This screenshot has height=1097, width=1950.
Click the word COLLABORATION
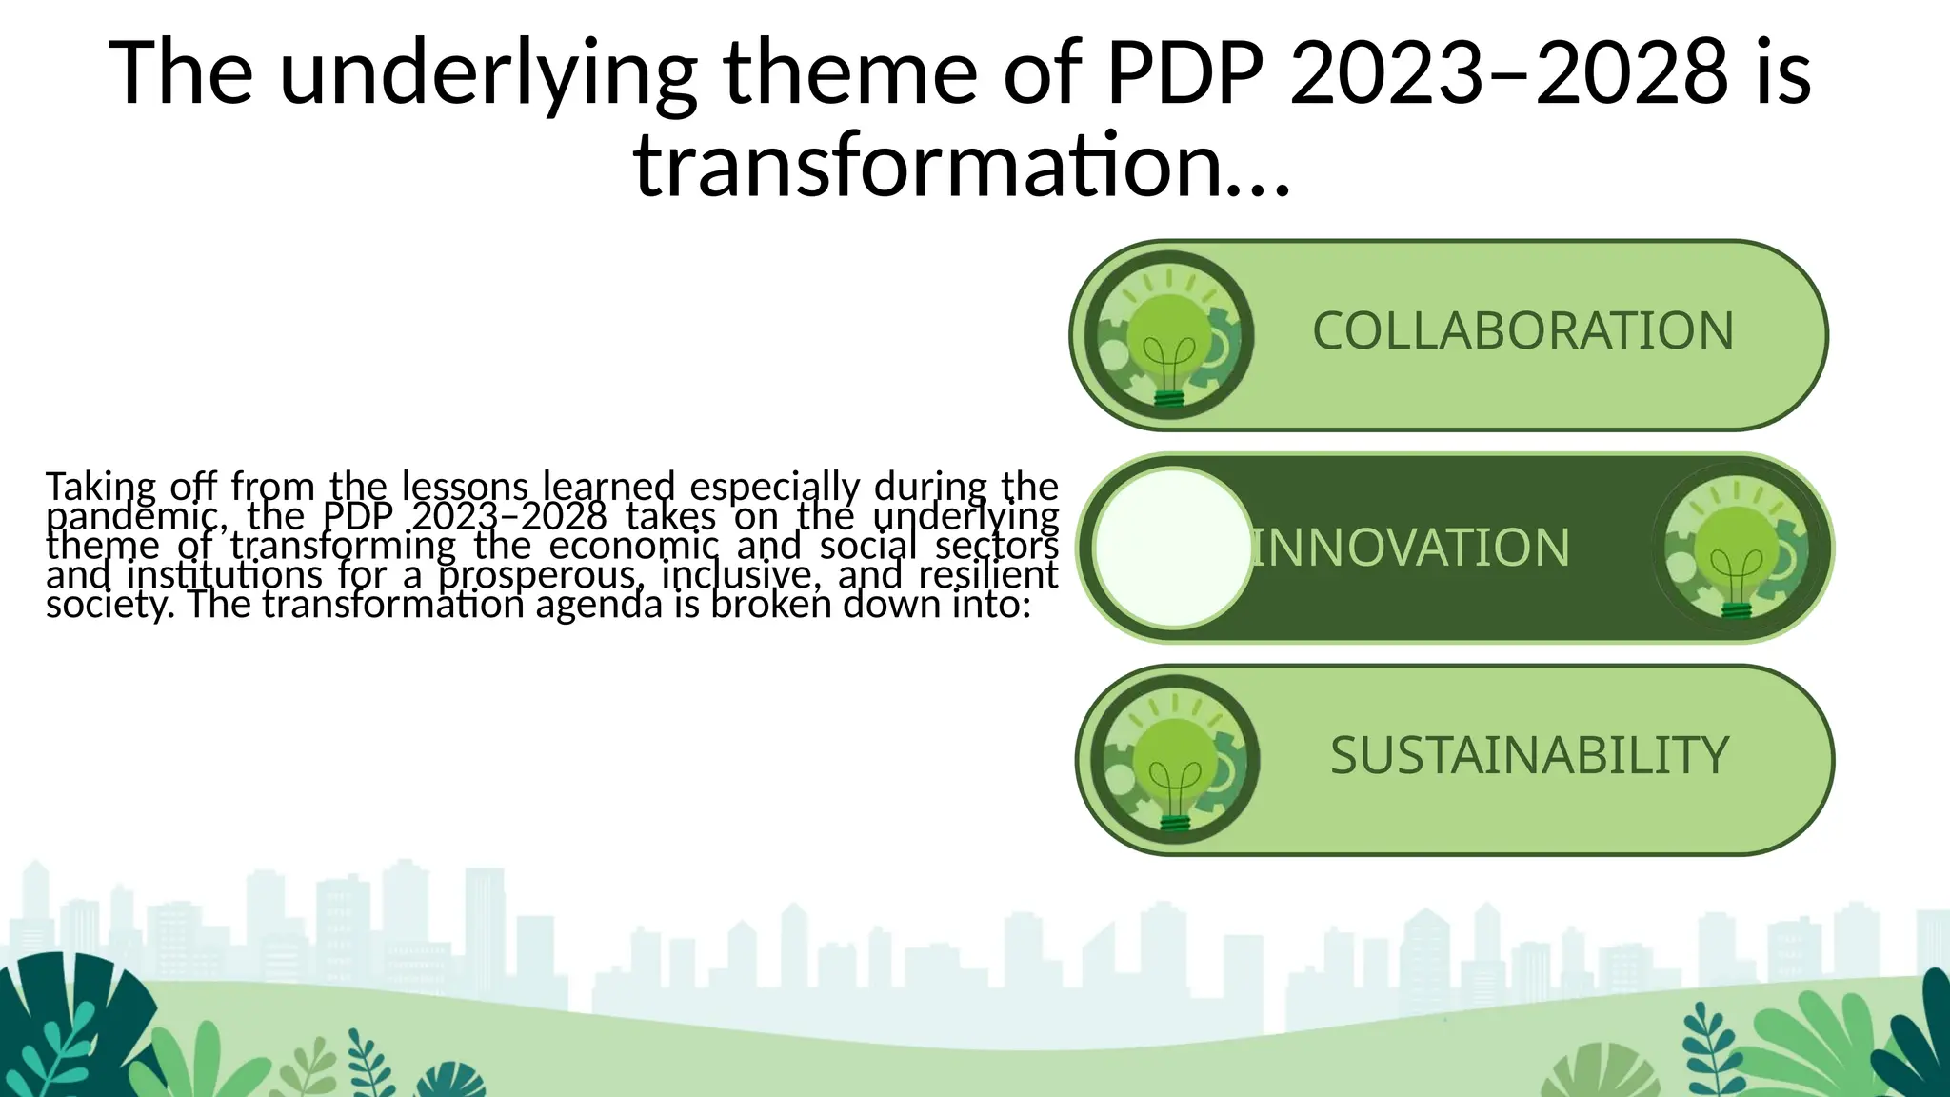click(1522, 331)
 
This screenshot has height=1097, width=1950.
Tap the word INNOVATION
click(1410, 548)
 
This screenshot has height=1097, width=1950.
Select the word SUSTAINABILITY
click(1529, 756)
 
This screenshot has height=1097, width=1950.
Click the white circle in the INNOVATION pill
click(1173, 548)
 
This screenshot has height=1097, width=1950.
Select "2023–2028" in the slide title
click(1508, 72)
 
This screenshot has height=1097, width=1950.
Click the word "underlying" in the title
click(488, 74)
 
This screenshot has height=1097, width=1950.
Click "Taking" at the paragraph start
click(100, 488)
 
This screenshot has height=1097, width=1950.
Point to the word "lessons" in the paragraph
click(464, 487)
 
